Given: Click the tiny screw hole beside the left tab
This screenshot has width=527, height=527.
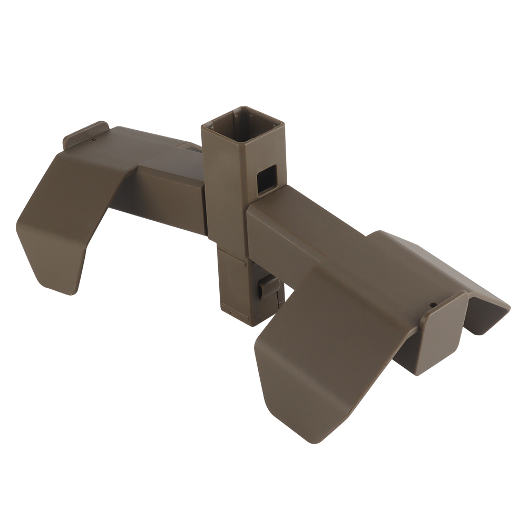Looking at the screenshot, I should pyautogui.click(x=93, y=140).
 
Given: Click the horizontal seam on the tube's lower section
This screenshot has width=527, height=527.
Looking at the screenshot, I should pyautogui.click(x=232, y=252).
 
